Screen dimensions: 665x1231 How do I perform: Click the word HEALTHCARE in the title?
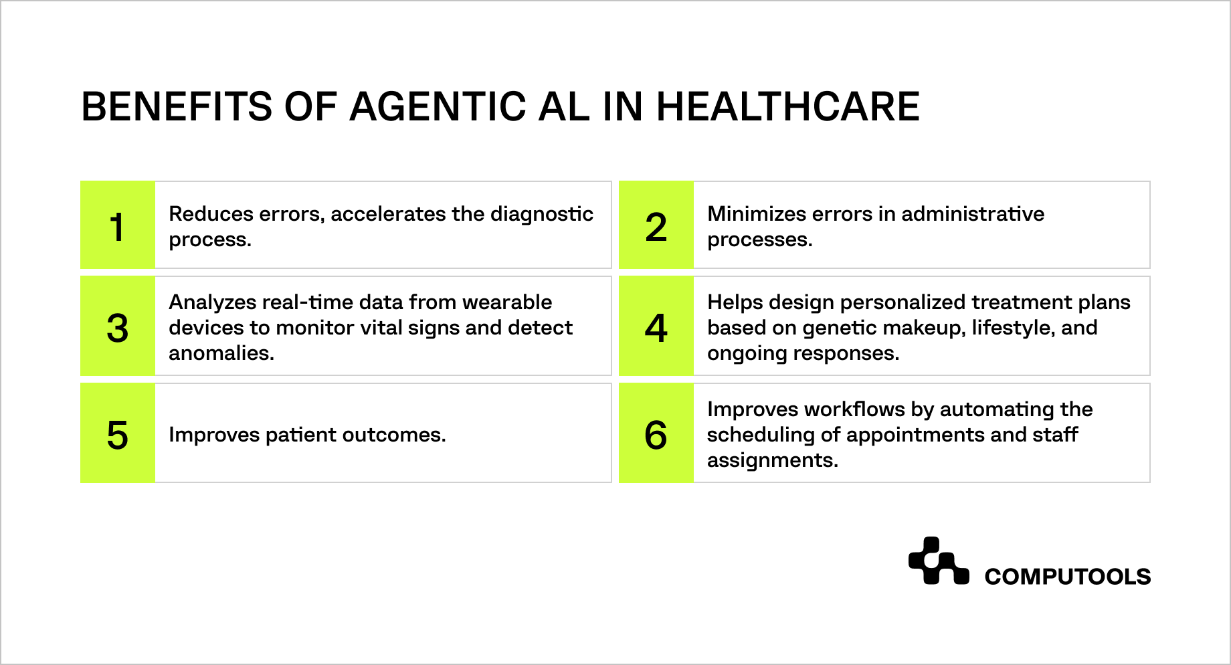(x=787, y=107)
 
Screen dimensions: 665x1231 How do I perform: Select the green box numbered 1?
(x=118, y=225)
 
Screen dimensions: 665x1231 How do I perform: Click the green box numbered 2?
(x=656, y=225)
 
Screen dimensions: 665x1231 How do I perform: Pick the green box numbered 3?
(x=118, y=326)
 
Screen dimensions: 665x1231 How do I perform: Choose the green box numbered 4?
(x=656, y=326)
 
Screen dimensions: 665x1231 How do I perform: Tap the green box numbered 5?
(x=118, y=434)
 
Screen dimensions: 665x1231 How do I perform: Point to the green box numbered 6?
(x=656, y=434)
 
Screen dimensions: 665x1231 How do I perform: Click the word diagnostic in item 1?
(x=541, y=214)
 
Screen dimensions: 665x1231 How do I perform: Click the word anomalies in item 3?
(x=221, y=353)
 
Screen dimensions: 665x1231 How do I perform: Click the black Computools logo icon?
(x=938, y=561)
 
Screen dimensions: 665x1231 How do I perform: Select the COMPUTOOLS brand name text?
(x=1067, y=577)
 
